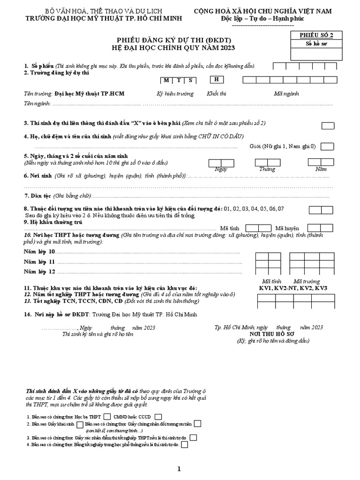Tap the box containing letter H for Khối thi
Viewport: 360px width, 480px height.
(x=217, y=80)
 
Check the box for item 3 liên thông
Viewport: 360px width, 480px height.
(x=328, y=125)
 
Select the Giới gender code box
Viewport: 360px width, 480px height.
(x=327, y=147)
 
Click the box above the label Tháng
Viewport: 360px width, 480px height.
(x=267, y=162)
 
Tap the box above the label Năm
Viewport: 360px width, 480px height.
(x=321, y=162)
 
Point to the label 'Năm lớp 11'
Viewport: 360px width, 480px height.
(x=39, y=262)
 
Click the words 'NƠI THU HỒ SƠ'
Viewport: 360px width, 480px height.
(x=273, y=334)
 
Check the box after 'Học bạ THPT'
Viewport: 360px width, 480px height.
(x=107, y=416)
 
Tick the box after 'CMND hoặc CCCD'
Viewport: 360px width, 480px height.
(x=158, y=416)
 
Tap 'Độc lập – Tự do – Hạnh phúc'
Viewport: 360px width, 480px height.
(x=262, y=18)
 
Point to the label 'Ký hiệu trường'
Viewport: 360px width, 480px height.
(x=175, y=94)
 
